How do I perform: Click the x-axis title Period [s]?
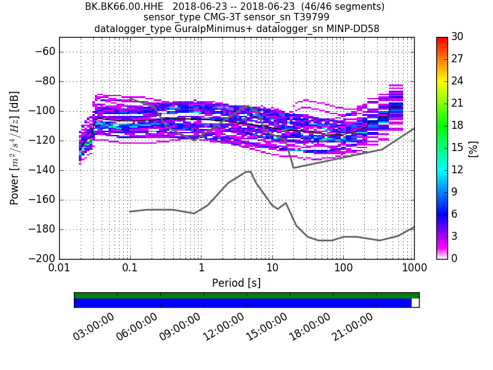[236, 283]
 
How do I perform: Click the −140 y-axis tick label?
[41, 170]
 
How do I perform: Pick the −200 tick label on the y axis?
[41, 258]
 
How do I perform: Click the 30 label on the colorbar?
[457, 37]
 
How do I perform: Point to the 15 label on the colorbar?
[457, 147]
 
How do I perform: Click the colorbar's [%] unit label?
[473, 148]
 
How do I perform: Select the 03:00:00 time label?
[94, 327]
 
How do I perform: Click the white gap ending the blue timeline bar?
[415, 303]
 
